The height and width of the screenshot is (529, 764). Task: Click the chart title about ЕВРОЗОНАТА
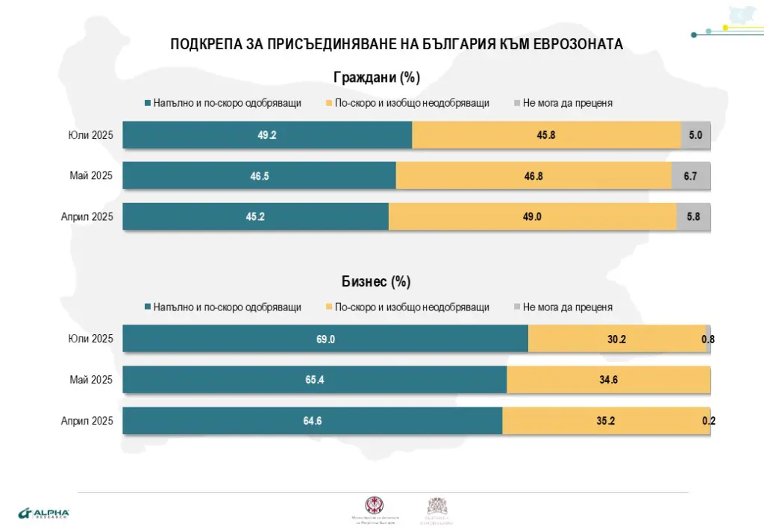point(396,44)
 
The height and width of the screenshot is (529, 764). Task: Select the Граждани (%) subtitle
point(377,77)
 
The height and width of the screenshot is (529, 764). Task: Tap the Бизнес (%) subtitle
point(377,281)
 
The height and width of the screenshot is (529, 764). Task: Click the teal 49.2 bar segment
point(267,135)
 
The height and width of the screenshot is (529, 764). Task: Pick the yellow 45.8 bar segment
point(546,135)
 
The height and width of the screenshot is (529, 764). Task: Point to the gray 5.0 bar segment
point(695,135)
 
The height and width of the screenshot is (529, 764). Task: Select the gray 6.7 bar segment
point(691,176)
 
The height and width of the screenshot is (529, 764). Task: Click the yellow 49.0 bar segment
point(532,216)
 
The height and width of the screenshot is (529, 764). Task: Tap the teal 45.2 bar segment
point(255,216)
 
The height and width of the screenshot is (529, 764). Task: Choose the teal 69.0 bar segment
point(325,339)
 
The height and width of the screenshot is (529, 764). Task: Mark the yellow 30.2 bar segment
point(616,339)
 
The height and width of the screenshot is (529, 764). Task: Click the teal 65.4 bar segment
point(315,380)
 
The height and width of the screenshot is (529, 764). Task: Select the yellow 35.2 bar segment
point(606,421)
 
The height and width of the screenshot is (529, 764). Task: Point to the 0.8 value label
point(708,339)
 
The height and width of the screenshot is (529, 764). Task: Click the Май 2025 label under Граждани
point(91,176)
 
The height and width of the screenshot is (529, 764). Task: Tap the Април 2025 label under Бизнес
point(87,421)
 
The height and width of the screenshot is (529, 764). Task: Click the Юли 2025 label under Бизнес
point(90,339)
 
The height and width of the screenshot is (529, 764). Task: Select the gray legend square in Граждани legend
point(516,103)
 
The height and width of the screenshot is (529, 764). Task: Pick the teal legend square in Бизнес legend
point(148,307)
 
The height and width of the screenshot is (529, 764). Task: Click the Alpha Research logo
point(43,513)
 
